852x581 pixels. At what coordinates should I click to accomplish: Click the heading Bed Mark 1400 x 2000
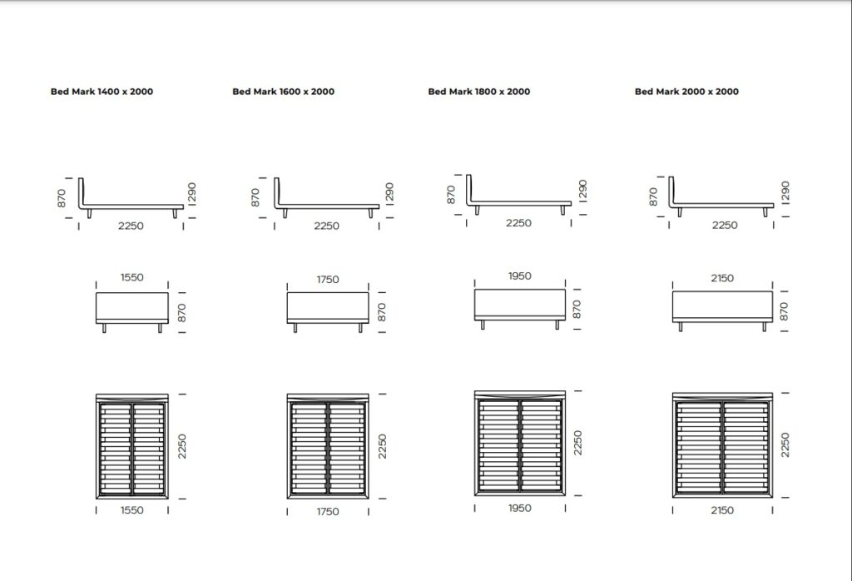[x=102, y=92]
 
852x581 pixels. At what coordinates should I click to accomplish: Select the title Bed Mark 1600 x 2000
[x=283, y=92]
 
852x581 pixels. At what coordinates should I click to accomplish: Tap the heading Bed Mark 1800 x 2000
[x=478, y=92]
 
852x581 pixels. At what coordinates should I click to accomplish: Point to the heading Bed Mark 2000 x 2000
[x=686, y=92]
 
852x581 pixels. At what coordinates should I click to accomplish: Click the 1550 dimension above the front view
[x=132, y=277]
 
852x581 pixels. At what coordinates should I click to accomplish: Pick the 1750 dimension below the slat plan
[x=328, y=511]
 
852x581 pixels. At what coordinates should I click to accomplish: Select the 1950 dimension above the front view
[x=519, y=276]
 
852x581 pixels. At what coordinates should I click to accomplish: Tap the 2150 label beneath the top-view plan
[x=722, y=509]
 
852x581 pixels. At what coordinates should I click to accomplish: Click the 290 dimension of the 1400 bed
[x=191, y=193]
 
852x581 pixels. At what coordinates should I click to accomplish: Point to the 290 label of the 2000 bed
[x=785, y=192]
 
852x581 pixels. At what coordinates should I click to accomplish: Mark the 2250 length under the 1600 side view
[x=326, y=226]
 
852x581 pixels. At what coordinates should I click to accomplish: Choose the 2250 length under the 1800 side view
[x=518, y=223]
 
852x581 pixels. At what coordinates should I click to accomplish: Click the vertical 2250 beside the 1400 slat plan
[x=182, y=446]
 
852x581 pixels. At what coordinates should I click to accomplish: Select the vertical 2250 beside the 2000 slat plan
[x=785, y=444]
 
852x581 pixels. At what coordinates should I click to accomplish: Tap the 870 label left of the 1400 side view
[x=62, y=198]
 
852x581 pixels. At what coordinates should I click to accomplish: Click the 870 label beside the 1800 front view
[x=577, y=309]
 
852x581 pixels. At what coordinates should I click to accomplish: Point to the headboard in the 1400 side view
[x=81, y=191]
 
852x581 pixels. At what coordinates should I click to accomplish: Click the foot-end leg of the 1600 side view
[x=370, y=213]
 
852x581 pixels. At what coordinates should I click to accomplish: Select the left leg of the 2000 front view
[x=681, y=326]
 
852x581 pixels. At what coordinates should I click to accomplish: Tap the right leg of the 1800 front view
[x=557, y=325]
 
